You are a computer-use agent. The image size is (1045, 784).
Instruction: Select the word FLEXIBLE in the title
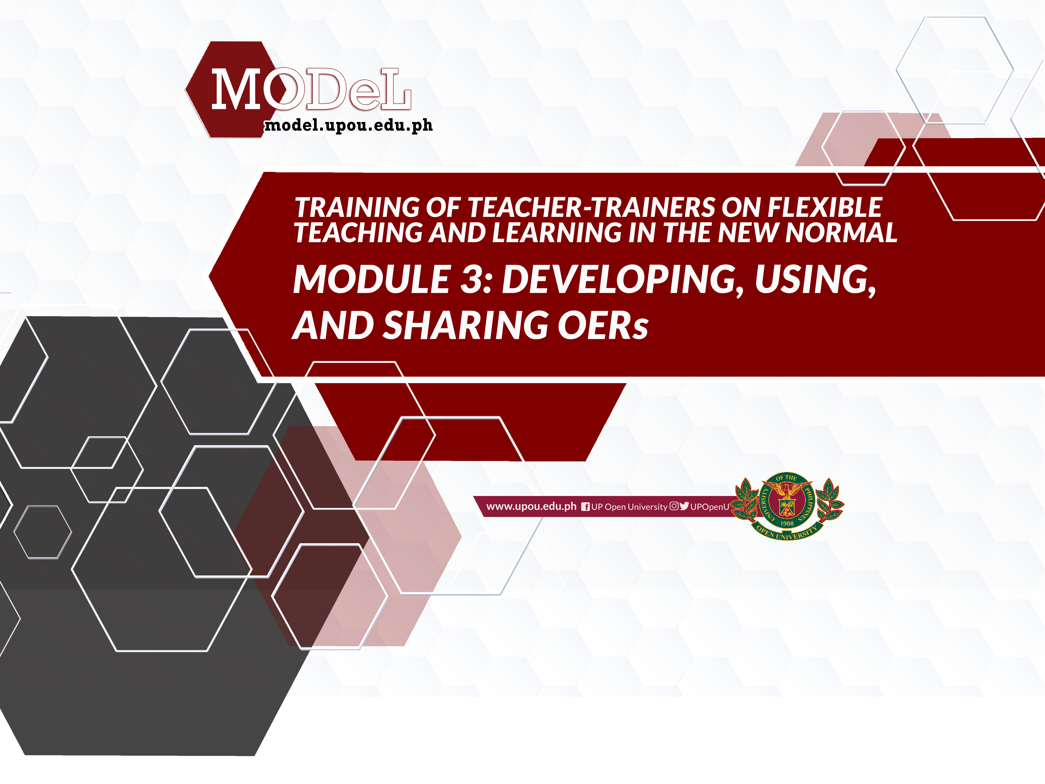(824, 208)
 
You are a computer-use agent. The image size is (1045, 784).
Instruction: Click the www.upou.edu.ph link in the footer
(531, 507)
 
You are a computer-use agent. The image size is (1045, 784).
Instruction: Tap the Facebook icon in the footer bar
(585, 507)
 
